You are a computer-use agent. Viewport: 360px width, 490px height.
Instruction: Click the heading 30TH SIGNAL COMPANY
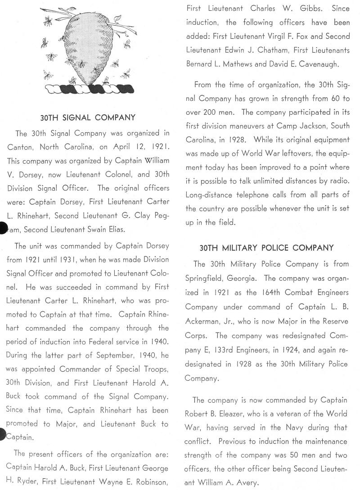click(x=88, y=117)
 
